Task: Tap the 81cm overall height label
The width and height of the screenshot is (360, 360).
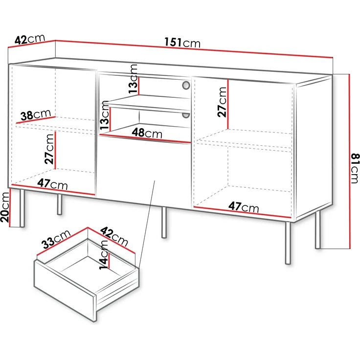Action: [355, 168]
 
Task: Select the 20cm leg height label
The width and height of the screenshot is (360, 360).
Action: [5, 207]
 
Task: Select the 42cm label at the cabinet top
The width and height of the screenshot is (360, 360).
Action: [30, 39]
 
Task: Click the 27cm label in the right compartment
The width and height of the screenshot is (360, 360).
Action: [223, 102]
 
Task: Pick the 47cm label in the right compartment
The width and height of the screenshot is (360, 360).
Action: [244, 207]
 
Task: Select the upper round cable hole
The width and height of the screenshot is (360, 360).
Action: [186, 86]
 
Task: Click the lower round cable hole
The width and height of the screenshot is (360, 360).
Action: [186, 115]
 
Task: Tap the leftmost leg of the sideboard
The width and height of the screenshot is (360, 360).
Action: [22, 207]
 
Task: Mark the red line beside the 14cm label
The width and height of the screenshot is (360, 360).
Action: [110, 259]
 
